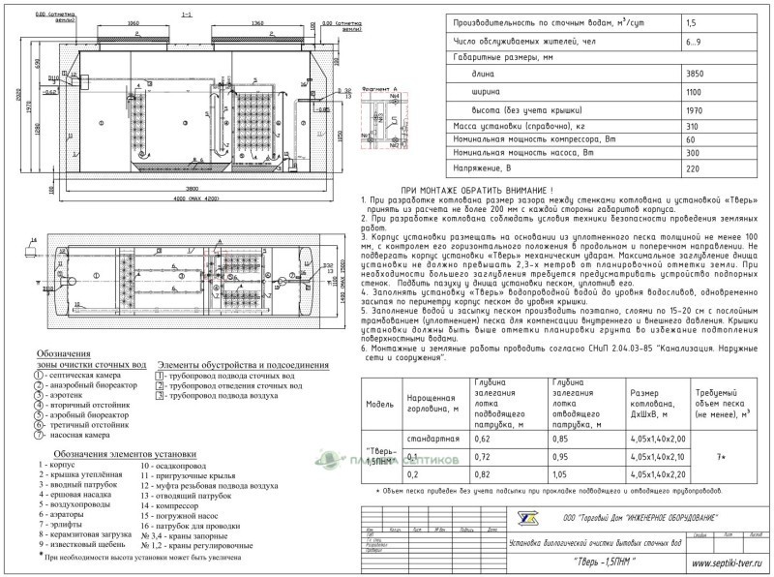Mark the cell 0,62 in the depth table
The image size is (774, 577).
486,440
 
